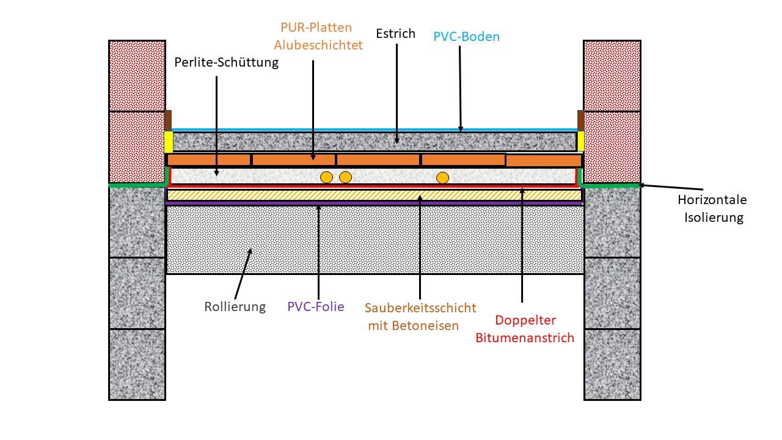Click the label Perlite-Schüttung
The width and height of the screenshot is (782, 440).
(226, 62)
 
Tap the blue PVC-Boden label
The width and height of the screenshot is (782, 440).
(466, 37)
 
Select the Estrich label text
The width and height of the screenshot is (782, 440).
(395, 34)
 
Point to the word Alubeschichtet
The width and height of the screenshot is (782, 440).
(318, 45)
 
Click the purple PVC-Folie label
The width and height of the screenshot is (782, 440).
(315, 307)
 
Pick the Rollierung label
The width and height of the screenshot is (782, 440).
(235, 307)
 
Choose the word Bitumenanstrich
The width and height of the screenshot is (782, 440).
(525, 337)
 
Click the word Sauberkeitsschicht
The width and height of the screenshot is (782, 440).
(420, 307)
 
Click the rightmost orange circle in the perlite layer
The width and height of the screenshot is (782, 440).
(443, 178)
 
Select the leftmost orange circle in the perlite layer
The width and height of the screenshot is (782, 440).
(327, 178)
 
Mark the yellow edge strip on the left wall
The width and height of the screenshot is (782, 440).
(168, 142)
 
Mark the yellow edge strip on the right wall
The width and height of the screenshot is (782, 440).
(580, 141)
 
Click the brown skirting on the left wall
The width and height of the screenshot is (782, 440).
(168, 120)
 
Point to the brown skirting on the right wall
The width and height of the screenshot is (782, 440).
(580, 120)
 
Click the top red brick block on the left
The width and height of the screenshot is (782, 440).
(137, 76)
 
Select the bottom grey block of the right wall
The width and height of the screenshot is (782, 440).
(612, 364)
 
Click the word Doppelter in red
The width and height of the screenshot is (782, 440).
(525, 320)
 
